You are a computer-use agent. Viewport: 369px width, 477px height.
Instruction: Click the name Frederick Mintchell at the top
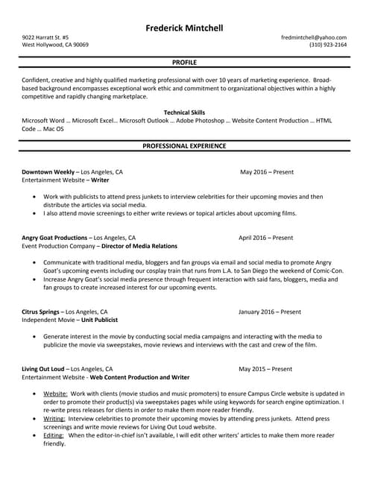(184, 28)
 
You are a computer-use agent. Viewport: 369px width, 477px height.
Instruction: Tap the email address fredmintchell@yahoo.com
(314, 37)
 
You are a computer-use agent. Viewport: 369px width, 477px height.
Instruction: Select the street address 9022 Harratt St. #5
(45, 37)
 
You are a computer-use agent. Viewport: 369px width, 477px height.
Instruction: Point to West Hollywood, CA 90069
(55, 45)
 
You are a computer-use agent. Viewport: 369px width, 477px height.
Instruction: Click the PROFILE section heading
(184, 63)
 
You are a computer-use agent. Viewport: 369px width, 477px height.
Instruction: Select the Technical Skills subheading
(184, 112)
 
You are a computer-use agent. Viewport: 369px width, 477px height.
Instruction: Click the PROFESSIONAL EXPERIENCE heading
(184, 146)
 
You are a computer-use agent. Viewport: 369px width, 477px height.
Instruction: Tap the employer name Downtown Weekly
(48, 172)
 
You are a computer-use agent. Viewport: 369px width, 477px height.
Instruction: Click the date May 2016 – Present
(267, 172)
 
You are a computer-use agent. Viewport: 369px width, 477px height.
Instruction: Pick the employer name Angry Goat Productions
(54, 238)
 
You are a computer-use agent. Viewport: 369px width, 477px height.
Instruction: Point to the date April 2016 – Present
(265, 238)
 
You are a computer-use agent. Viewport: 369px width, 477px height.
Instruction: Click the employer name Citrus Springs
(40, 312)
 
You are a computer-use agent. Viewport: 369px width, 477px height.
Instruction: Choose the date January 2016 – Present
(270, 312)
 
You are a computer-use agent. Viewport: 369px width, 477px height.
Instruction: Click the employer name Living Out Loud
(43, 369)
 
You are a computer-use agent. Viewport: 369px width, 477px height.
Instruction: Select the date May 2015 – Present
(266, 369)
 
